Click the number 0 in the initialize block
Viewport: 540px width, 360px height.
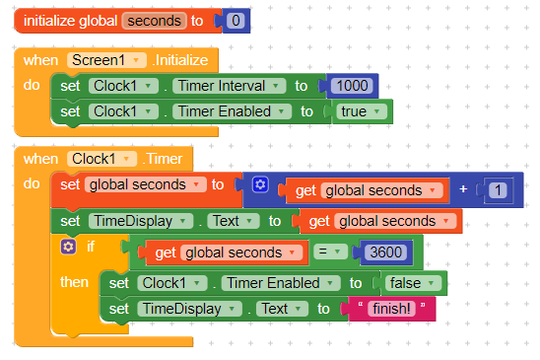coord(236,21)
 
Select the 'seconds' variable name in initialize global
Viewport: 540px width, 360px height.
coord(155,21)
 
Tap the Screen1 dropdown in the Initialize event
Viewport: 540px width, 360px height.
coord(106,60)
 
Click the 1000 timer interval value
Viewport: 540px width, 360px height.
coord(352,86)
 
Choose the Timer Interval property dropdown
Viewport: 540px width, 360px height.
coord(229,86)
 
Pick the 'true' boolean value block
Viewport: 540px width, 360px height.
coord(362,111)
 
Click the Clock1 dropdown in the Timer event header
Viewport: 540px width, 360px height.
coord(101,159)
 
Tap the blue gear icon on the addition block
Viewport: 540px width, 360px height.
coord(260,184)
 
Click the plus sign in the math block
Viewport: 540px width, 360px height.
coord(463,189)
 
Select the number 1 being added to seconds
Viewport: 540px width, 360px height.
coord(498,190)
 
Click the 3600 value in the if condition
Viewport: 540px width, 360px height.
coord(385,252)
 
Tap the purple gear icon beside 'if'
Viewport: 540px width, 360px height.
coord(68,247)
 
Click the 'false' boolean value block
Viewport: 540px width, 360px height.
coord(412,283)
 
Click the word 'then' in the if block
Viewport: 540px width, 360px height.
coord(74,282)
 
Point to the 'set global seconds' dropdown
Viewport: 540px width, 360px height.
coord(145,184)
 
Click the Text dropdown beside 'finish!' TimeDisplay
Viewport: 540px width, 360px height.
coord(280,309)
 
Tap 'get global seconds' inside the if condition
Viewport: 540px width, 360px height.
coord(225,252)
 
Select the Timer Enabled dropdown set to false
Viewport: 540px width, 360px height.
coord(281,283)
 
